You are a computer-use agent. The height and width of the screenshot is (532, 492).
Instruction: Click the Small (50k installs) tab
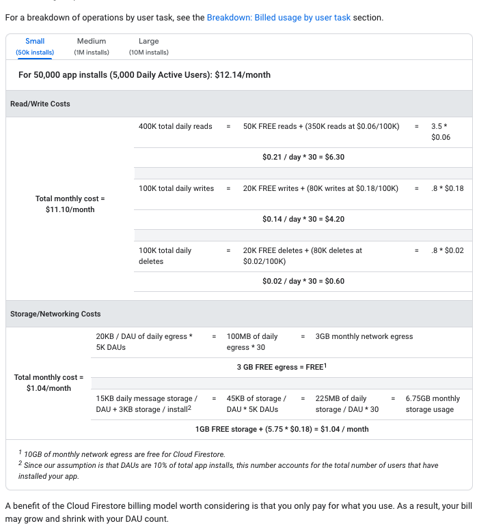[x=35, y=46]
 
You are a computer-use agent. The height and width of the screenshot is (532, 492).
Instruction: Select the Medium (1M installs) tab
[x=91, y=46]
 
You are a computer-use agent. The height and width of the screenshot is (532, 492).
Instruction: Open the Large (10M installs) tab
[x=148, y=46]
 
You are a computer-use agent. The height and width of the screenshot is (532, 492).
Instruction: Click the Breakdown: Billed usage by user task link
[x=278, y=17]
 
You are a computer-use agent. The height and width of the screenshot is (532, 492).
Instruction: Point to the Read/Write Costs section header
[x=40, y=104]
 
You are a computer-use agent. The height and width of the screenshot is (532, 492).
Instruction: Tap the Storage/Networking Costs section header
[x=55, y=314]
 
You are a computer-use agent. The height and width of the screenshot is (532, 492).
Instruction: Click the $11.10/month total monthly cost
[x=66, y=209]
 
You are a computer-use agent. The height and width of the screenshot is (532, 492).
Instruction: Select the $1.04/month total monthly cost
[x=49, y=388]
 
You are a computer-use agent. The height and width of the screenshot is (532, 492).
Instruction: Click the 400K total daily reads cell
[x=176, y=126]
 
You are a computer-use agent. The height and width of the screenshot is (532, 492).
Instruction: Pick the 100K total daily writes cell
[x=176, y=188]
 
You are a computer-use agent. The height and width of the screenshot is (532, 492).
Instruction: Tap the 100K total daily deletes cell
[x=165, y=256]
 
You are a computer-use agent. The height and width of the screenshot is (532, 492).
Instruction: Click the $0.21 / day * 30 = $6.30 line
[x=303, y=157]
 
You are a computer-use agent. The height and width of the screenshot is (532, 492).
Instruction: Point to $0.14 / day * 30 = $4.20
[x=303, y=219]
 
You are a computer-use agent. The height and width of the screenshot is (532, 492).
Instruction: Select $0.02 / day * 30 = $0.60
[x=303, y=281]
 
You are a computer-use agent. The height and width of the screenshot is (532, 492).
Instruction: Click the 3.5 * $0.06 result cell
[x=441, y=132]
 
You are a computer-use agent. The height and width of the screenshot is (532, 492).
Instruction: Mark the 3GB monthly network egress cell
[x=364, y=336]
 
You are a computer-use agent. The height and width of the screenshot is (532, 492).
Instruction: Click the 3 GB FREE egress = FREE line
[x=282, y=367]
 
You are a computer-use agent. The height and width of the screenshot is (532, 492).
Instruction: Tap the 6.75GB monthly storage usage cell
[x=433, y=404]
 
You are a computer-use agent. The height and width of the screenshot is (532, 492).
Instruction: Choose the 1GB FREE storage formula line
[x=282, y=429]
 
